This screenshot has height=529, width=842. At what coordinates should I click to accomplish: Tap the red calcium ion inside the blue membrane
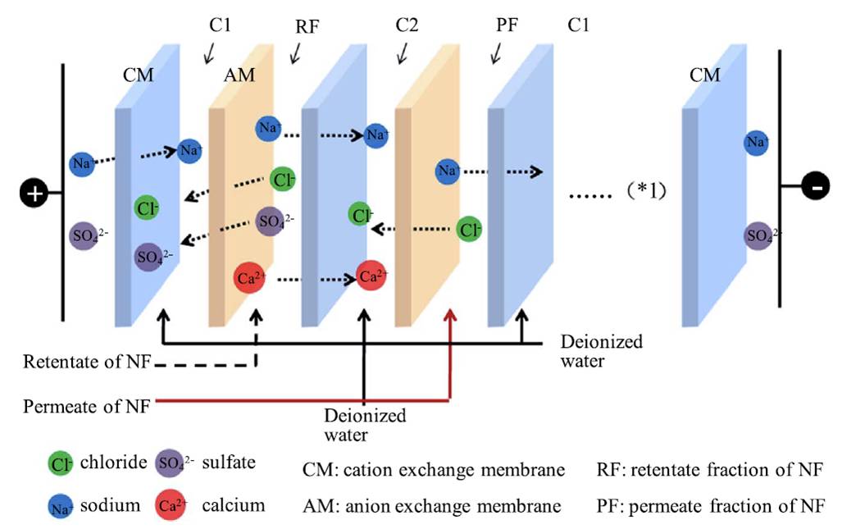(x=372, y=276)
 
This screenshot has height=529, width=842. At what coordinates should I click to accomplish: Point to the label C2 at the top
(x=406, y=25)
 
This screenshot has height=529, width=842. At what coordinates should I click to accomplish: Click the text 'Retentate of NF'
(x=86, y=361)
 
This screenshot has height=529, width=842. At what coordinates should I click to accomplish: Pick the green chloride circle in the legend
(x=59, y=464)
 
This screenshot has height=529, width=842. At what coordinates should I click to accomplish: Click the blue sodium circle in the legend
(x=59, y=506)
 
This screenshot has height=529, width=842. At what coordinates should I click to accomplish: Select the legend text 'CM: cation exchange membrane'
(x=434, y=471)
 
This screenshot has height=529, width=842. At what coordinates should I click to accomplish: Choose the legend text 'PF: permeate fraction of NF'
(x=711, y=505)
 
